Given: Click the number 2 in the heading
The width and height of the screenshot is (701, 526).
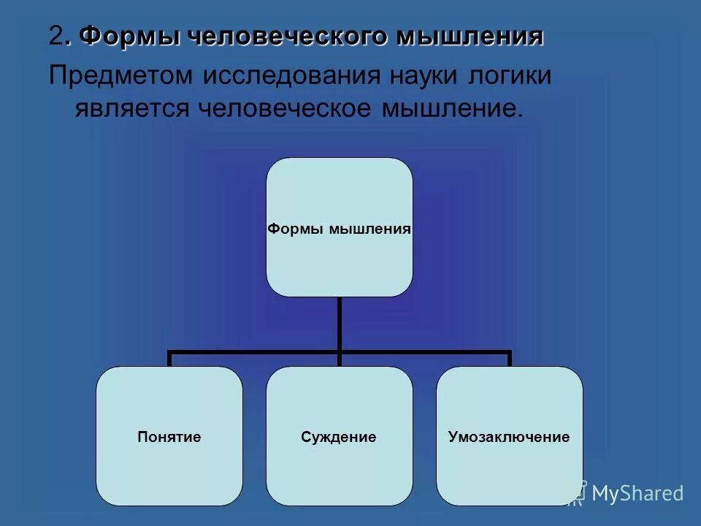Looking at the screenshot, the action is pyautogui.click(x=56, y=36).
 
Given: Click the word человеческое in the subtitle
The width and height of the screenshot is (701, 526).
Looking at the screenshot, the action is pyautogui.click(x=284, y=109).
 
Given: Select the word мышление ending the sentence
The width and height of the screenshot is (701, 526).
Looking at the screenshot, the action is pyautogui.click(x=450, y=109).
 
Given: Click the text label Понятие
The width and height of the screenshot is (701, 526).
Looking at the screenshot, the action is pyautogui.click(x=169, y=438).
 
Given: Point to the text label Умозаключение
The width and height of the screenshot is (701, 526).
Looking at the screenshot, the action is pyautogui.click(x=509, y=438).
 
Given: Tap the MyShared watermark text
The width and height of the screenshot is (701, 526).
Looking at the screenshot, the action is pyautogui.click(x=637, y=493).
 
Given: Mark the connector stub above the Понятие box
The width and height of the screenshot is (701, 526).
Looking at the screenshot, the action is pyautogui.click(x=169, y=359).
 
